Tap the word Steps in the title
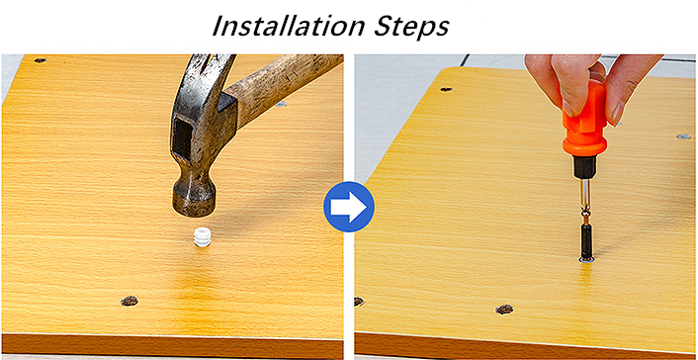tap(411, 27)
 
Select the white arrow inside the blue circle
tap(350, 207)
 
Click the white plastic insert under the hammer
tap(202, 237)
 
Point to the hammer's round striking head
tap(194, 195)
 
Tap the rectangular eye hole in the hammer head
tap(181, 138)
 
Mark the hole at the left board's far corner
tap(41, 60)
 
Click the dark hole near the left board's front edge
tap(130, 302)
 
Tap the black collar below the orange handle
tap(584, 167)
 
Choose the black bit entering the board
tap(586, 241)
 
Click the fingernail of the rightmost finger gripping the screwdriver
tap(616, 114)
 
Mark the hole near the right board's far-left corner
tap(446, 89)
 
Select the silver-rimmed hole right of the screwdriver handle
tap(683, 136)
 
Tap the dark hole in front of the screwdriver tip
tap(504, 309)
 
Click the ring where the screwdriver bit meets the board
tap(586, 261)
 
